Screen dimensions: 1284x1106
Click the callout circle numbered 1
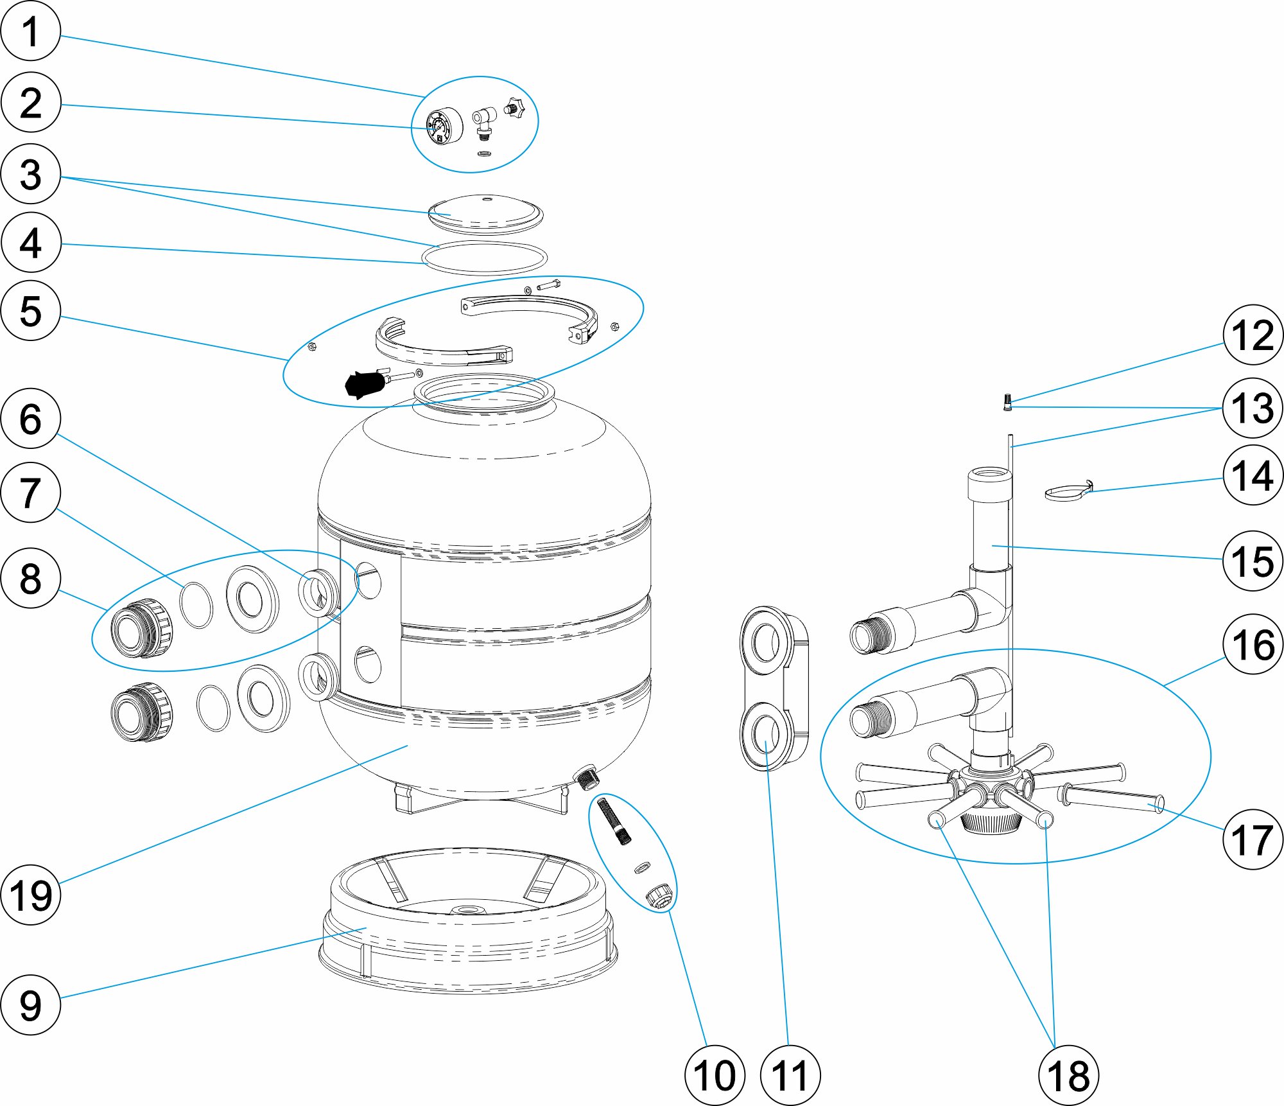(x=31, y=31)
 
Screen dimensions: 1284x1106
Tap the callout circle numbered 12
(x=1253, y=335)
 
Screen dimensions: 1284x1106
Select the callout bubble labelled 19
(x=31, y=895)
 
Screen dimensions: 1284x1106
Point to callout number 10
(x=715, y=1075)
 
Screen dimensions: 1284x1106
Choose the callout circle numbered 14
(x=1253, y=475)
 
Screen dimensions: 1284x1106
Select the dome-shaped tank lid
(x=485, y=212)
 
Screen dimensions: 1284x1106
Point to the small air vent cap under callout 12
(x=1007, y=402)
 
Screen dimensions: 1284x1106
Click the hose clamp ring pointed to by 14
(x=1068, y=492)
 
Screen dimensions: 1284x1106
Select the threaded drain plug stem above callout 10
(x=614, y=820)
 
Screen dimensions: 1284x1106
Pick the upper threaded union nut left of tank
(x=141, y=628)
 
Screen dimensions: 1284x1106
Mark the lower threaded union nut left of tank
(x=141, y=712)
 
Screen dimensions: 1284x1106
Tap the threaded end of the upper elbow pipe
(x=871, y=634)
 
